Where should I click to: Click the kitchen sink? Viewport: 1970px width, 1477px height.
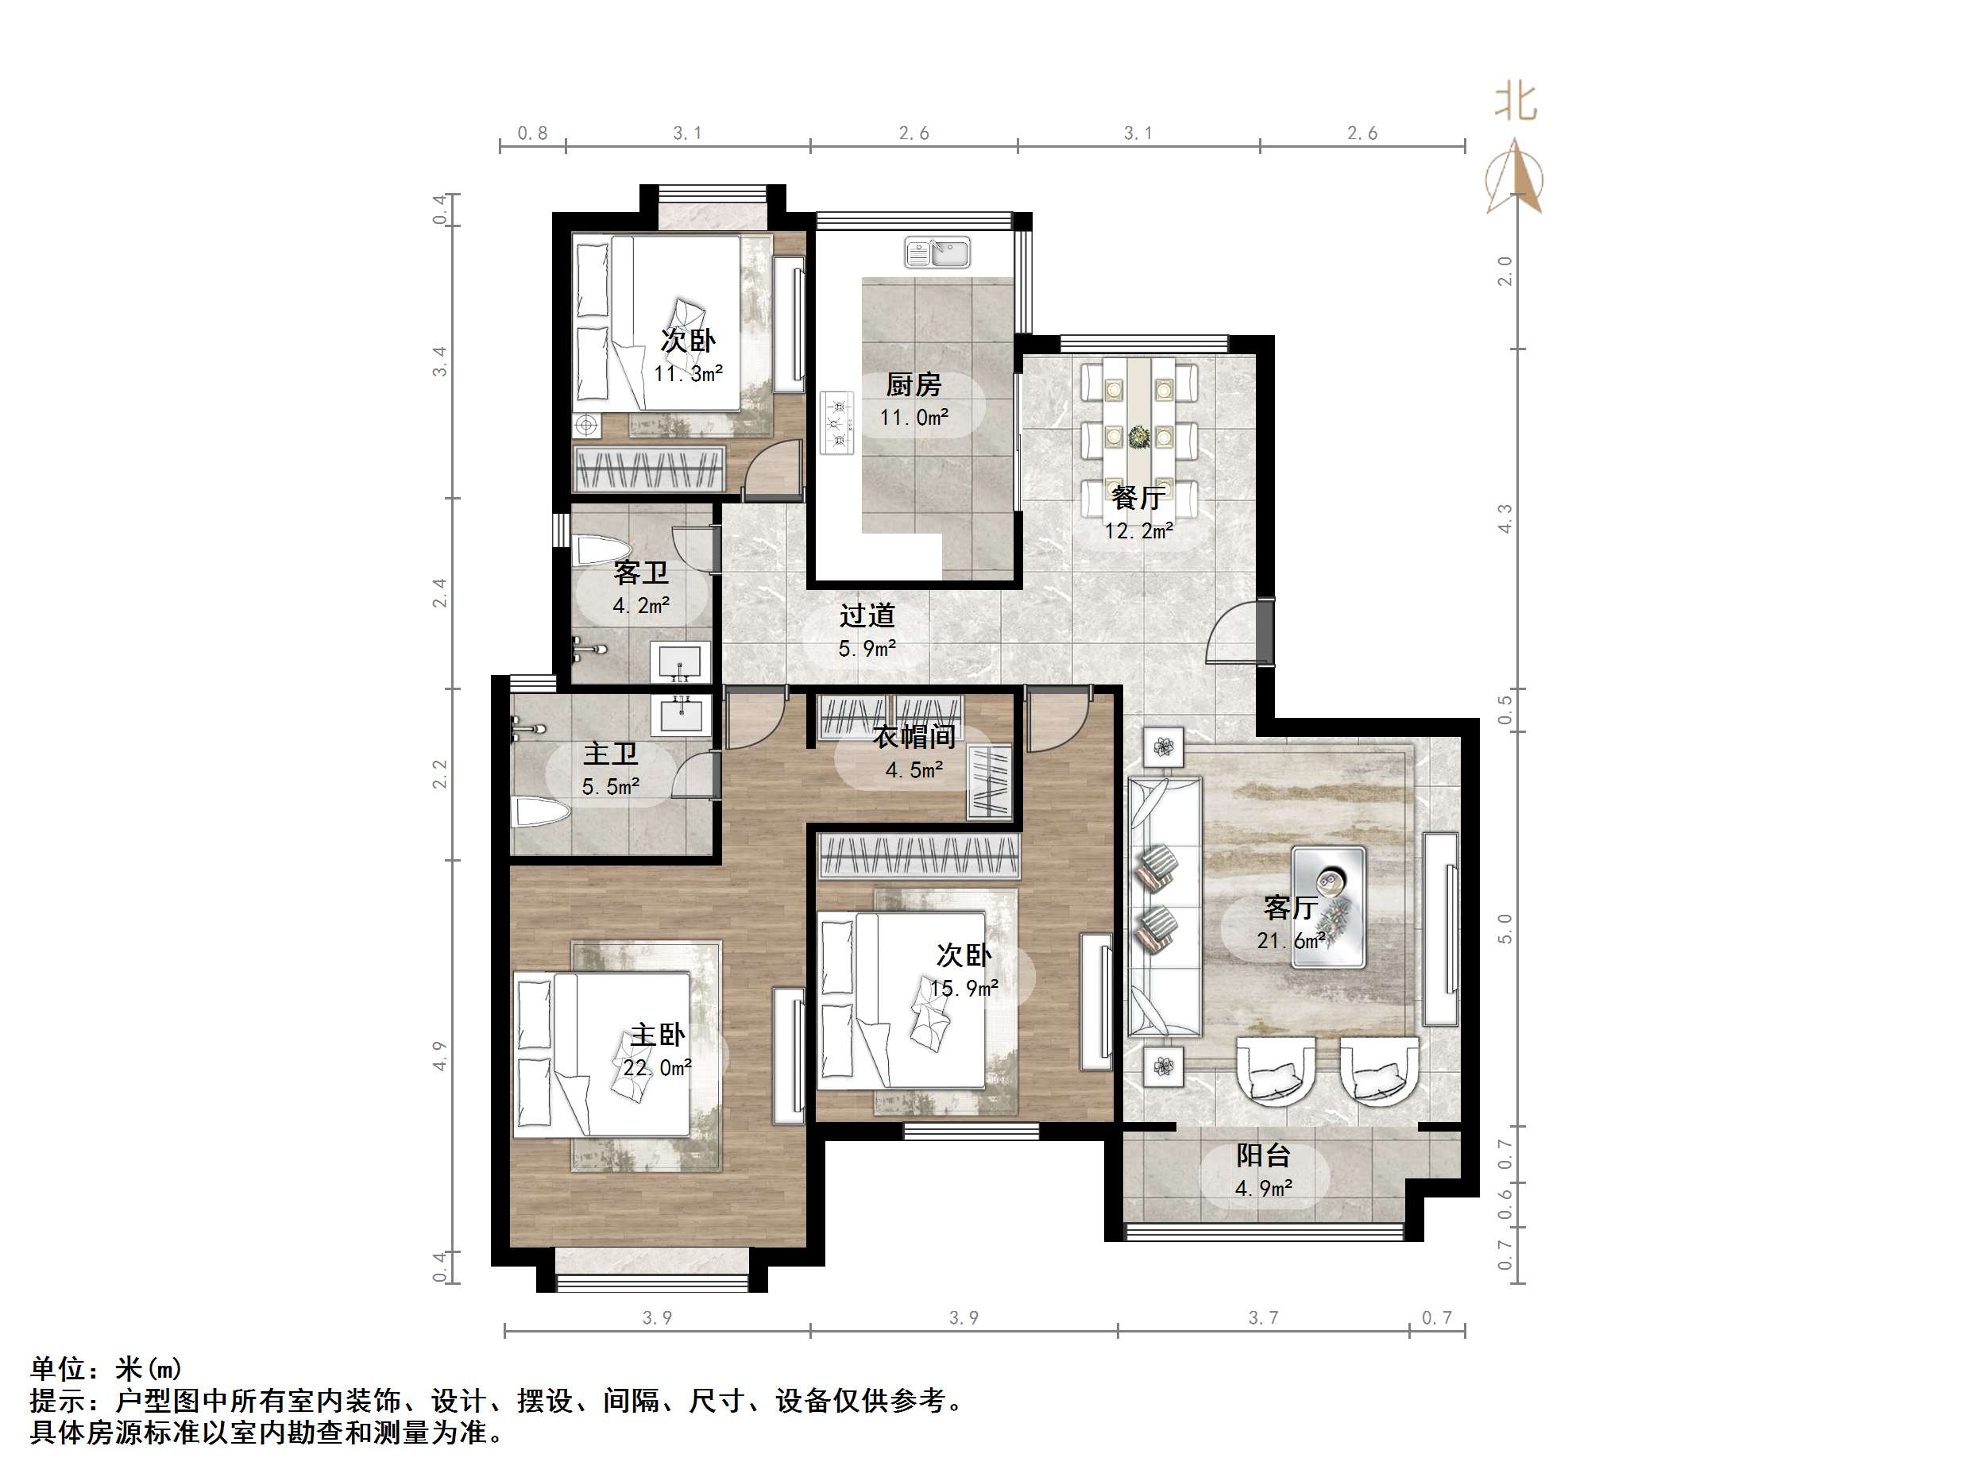(938, 252)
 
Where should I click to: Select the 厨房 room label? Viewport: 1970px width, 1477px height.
(913, 384)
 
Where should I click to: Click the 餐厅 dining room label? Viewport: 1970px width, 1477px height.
(1138, 497)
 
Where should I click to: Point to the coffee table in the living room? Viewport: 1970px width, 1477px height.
(1329, 906)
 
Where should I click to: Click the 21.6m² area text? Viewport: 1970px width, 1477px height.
(1291, 940)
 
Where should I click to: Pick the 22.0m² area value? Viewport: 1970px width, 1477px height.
(657, 1067)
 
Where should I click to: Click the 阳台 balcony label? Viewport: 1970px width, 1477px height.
(1263, 1155)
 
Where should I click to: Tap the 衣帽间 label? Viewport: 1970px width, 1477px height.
(914, 736)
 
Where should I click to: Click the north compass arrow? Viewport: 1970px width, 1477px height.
(1515, 178)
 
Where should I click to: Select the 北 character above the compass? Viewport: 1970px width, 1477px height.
(1515, 102)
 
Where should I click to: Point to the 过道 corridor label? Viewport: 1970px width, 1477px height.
(867, 615)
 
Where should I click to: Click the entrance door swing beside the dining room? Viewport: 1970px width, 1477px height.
(1238, 634)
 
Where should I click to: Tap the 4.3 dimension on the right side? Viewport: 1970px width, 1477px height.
(1505, 519)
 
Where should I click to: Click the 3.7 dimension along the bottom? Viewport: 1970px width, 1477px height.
(1263, 1317)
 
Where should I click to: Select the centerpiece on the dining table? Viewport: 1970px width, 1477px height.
(1139, 437)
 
